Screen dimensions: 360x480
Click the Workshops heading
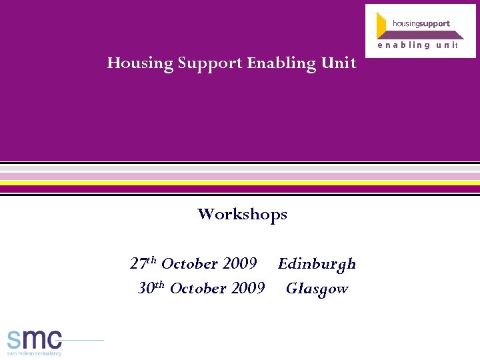click(242, 214)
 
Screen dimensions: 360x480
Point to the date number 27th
click(143, 263)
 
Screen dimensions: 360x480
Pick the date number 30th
click(151, 288)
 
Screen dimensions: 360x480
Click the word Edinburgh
click(317, 264)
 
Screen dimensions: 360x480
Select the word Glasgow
click(317, 289)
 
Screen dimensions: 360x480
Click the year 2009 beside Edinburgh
click(240, 263)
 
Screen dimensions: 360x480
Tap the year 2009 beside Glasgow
click(248, 288)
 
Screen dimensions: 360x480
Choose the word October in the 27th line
click(190, 263)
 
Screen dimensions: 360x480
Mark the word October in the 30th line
click(199, 288)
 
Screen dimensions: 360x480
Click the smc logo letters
click(35, 339)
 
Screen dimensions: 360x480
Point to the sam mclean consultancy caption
click(35, 353)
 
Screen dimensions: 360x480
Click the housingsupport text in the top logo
click(421, 23)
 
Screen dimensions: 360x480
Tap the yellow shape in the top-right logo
click(382, 25)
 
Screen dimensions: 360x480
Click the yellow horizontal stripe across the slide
click(240, 182)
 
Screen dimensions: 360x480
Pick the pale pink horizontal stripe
click(240, 176)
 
